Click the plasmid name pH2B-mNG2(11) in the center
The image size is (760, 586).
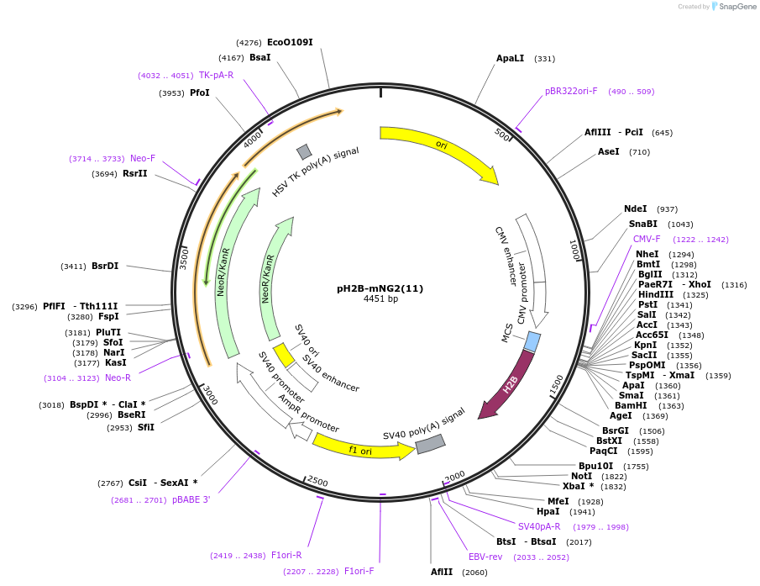[x=380, y=288]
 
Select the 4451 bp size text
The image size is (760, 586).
[x=380, y=298]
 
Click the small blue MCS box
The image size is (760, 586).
[x=532, y=341]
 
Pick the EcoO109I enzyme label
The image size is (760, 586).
[x=290, y=42]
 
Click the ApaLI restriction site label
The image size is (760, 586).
[x=510, y=58]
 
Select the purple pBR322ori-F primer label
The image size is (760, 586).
[x=571, y=91]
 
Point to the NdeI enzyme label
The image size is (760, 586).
[x=635, y=209]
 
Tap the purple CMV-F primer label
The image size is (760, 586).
[x=647, y=239]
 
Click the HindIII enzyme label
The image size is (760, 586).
[x=655, y=294]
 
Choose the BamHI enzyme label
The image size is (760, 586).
[x=631, y=405]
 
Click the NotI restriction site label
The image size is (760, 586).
[x=581, y=476]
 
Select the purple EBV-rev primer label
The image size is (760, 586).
[x=485, y=557]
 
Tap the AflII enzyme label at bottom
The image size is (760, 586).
[x=442, y=572]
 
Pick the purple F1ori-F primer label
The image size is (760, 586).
[x=359, y=571]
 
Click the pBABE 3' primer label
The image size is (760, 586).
[x=191, y=499]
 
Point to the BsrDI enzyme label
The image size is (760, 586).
[x=105, y=266]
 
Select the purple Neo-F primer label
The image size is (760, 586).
[x=142, y=158]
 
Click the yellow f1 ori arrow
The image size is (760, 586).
[x=361, y=450]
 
